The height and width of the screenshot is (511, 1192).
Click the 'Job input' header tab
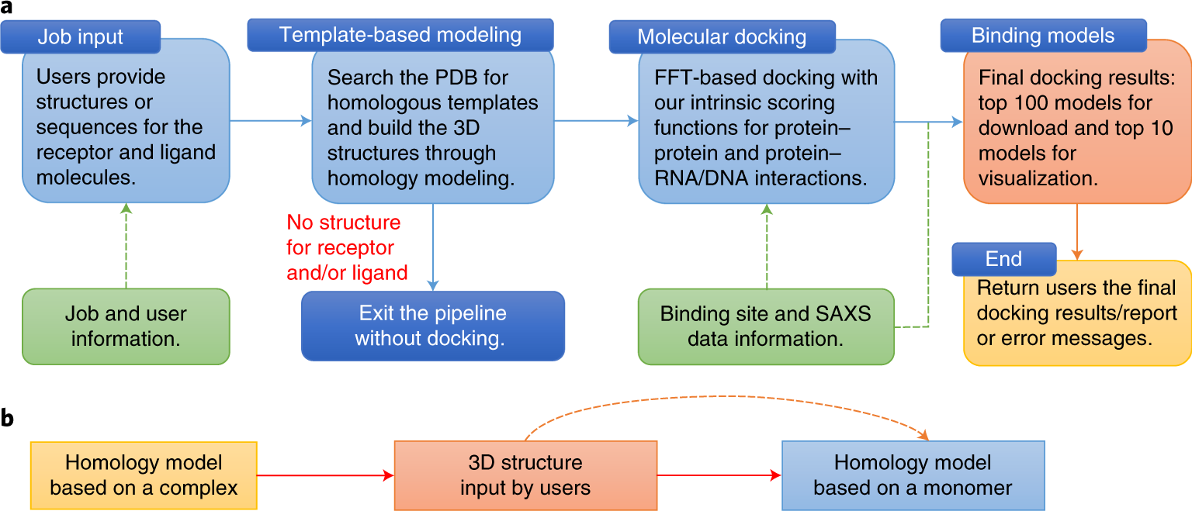tap(81, 36)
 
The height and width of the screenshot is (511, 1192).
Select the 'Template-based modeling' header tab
tap(400, 35)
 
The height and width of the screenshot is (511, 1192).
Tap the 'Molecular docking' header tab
tap(722, 36)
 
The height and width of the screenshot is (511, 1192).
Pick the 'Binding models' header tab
tap(1043, 36)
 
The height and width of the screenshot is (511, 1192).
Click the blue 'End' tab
tap(1003, 259)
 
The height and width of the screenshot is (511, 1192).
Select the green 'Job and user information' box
tap(126, 326)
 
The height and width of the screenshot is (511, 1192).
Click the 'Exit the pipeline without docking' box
tap(432, 326)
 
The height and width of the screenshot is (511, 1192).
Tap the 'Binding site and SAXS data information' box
tap(766, 326)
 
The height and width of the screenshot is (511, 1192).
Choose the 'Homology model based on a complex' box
tap(144, 475)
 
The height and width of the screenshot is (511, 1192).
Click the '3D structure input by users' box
tap(525, 475)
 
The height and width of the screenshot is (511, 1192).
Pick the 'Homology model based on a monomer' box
tap(913, 475)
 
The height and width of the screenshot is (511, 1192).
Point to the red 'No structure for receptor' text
tap(344, 235)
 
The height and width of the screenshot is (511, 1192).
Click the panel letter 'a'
tap(6, 8)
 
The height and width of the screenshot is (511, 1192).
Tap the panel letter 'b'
tap(7, 417)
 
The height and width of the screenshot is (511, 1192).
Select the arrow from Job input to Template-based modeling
tap(270, 121)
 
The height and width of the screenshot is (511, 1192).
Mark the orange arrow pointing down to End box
tap(1077, 232)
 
